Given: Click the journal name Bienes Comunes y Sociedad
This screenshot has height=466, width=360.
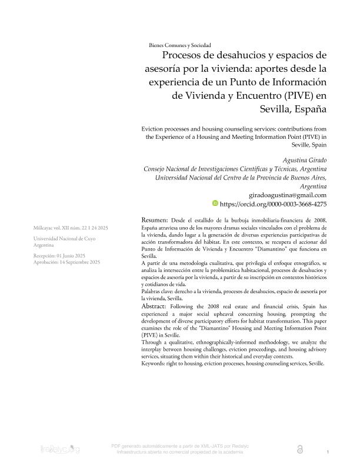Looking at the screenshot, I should pyautogui.click(x=180, y=45).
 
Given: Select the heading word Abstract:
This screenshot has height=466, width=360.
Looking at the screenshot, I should pyautogui.click(x=156, y=307).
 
